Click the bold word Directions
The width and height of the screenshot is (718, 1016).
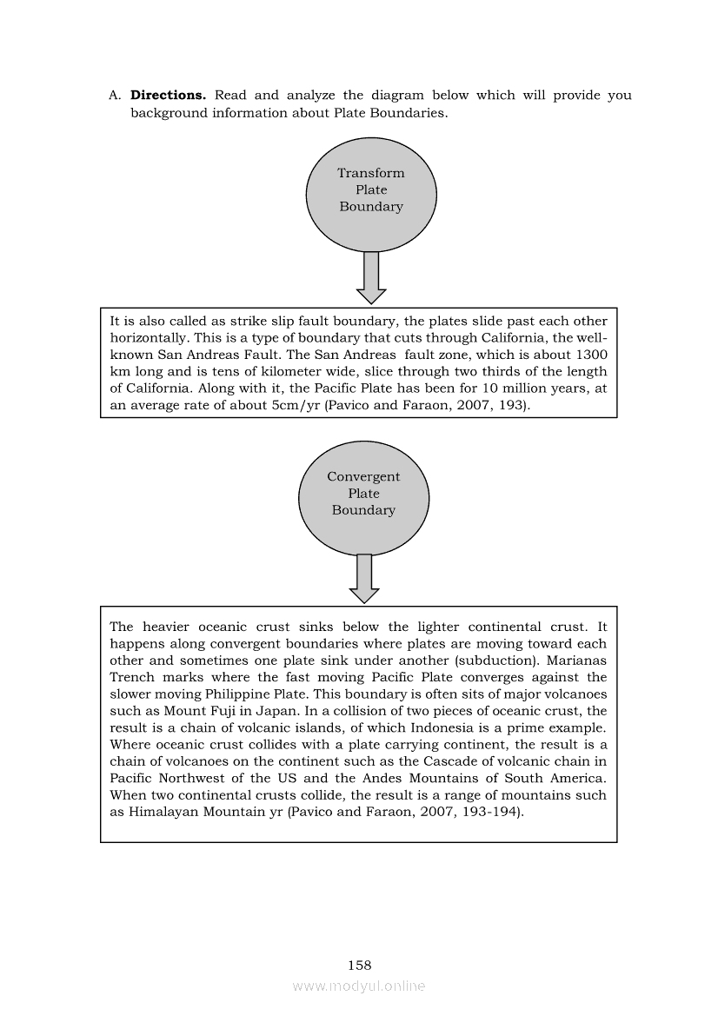(x=168, y=96)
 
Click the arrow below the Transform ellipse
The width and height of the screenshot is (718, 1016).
(x=371, y=277)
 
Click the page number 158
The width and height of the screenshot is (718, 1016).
(x=359, y=965)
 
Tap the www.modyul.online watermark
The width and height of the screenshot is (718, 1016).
(x=359, y=986)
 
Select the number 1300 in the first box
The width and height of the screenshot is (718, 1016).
(x=591, y=355)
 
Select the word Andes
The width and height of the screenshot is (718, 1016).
(x=407, y=778)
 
